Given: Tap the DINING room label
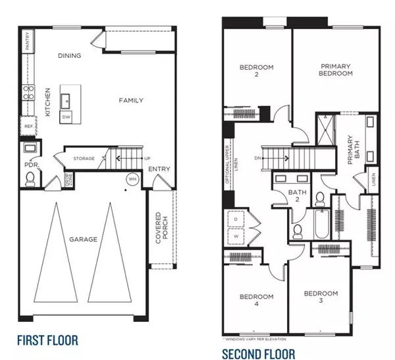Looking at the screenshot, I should tap(69, 56).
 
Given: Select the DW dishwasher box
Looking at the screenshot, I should tap(66, 116).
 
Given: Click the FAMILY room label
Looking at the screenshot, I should tap(131, 101).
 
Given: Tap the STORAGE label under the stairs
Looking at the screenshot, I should tap(84, 159).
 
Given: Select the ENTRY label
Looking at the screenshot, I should tap(159, 169).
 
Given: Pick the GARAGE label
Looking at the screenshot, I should tap(83, 240).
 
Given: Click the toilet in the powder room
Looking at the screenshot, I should tap(29, 178).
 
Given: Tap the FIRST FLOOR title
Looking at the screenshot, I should tap(48, 340).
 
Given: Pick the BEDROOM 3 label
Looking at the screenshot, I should tap(321, 297).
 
